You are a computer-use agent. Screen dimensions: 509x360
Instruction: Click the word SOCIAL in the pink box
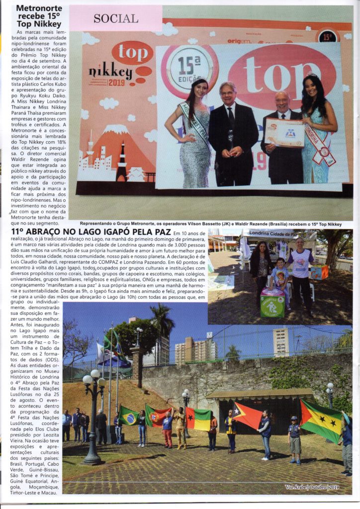coord(116,18)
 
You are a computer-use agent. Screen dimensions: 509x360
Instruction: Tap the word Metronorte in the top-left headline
coord(39,8)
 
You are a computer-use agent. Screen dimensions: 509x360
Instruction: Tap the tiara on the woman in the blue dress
coord(312,75)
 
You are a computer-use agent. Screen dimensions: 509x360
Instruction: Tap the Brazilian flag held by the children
coord(129,415)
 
